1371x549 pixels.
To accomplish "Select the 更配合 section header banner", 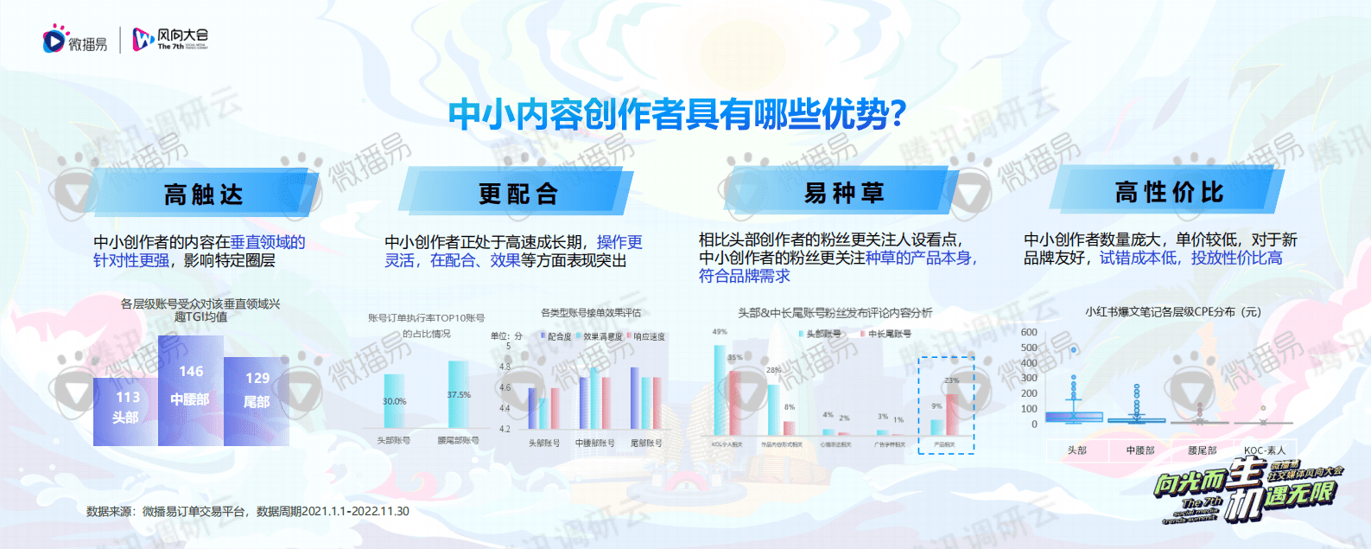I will pyautogui.click(x=518, y=194).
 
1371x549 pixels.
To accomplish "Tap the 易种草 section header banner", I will pyautogui.click(x=844, y=192).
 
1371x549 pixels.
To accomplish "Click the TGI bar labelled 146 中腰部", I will pyautogui.click(x=191, y=392).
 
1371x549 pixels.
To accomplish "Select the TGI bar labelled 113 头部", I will pyautogui.click(x=126, y=412).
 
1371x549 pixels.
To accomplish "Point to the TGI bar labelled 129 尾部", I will pyautogui.click(x=257, y=401).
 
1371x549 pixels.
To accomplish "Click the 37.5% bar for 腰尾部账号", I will pyautogui.click(x=459, y=395).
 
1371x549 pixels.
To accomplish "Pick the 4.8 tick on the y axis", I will pyautogui.click(x=505, y=367).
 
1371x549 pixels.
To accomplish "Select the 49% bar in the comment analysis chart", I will pyautogui.click(x=719, y=390).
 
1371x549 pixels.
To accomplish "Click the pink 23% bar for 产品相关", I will pyautogui.click(x=952, y=414).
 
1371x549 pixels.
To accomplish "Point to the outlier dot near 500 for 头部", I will pyautogui.click(x=1074, y=350).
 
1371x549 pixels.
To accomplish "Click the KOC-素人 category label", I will pyautogui.click(x=1265, y=450).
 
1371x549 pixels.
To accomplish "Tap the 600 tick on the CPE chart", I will pyautogui.click(x=1029, y=332).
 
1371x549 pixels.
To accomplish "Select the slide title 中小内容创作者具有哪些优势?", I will pyautogui.click(x=677, y=114).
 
